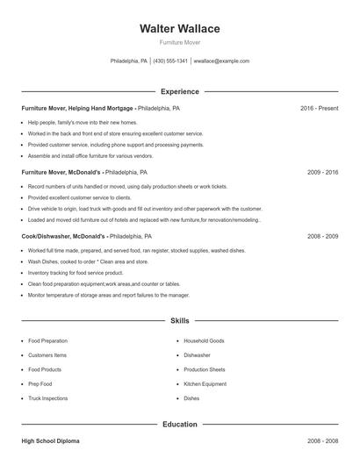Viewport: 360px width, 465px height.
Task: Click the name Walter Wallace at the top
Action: (179, 29)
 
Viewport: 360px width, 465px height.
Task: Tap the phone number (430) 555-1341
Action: (170, 61)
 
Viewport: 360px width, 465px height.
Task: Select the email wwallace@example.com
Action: (221, 61)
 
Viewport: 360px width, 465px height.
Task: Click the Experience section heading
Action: (179, 91)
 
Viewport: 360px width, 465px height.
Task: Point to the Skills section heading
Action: (179, 322)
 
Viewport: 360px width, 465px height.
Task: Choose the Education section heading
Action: (179, 425)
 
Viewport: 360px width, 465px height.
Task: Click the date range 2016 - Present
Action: (319, 109)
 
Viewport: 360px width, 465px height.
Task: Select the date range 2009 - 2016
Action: (322, 174)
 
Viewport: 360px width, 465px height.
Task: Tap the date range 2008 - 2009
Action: (322, 237)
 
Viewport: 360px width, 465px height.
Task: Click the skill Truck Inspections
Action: (47, 398)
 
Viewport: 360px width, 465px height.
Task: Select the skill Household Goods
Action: (204, 340)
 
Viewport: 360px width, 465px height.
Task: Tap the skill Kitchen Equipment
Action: (205, 384)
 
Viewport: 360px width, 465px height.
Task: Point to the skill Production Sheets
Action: (205, 369)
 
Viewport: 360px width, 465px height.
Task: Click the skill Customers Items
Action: (47, 355)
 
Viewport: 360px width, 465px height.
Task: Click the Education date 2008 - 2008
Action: (322, 442)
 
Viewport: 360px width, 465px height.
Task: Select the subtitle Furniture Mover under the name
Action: (179, 42)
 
